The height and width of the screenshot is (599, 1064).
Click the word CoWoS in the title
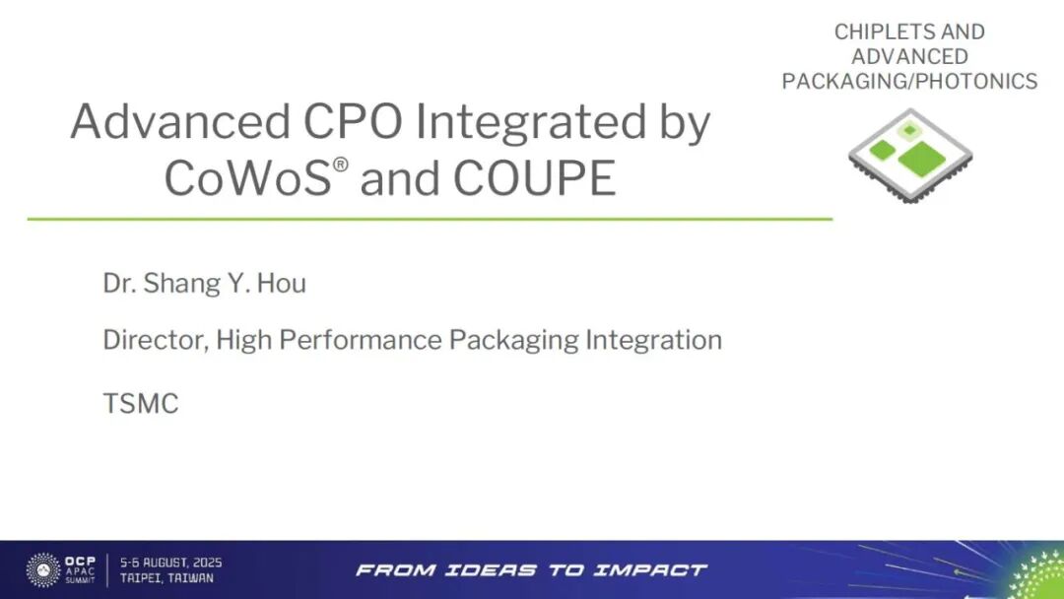(247, 178)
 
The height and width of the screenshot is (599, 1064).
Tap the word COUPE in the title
(535, 178)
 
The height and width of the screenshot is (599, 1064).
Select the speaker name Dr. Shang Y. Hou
(204, 284)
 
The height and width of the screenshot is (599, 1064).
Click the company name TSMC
(140, 403)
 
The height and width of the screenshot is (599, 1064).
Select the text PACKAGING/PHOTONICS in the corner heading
(909, 81)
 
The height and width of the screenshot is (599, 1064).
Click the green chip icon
(909, 155)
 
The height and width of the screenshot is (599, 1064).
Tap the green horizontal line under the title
(430, 218)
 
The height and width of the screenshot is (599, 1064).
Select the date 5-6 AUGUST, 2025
(170, 563)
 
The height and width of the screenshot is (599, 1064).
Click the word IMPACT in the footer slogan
(656, 569)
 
